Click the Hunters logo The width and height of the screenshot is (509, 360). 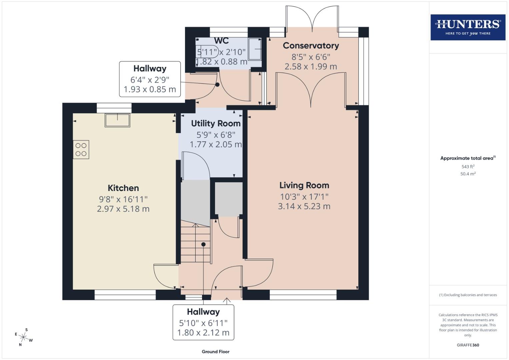468,27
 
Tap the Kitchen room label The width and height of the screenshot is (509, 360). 123,188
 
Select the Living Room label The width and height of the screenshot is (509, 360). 304,185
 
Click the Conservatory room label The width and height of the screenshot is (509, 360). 311,46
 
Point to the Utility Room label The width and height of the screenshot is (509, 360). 216,124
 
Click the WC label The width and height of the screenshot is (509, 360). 221,41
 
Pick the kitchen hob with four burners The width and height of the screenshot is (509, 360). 81,149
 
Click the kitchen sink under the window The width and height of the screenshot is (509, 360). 117,120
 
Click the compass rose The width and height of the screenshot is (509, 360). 24,337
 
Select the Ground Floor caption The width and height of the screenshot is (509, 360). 215,352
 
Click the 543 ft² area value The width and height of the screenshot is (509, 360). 468,167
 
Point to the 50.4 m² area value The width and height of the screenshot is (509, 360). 468,174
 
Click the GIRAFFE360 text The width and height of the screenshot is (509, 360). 468,345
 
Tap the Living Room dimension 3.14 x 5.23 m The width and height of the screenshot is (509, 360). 304,206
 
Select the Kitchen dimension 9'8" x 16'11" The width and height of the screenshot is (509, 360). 123,199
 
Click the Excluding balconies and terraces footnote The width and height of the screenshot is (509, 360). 468,295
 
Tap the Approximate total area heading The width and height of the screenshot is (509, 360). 468,158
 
